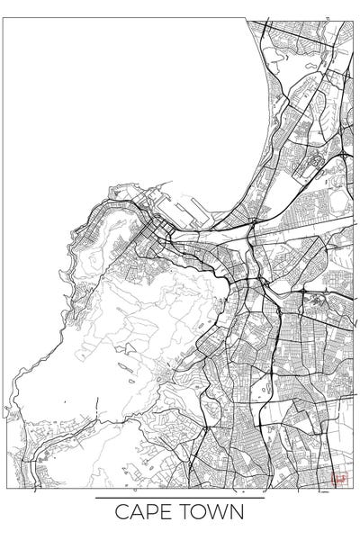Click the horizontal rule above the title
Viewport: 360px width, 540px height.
180,498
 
